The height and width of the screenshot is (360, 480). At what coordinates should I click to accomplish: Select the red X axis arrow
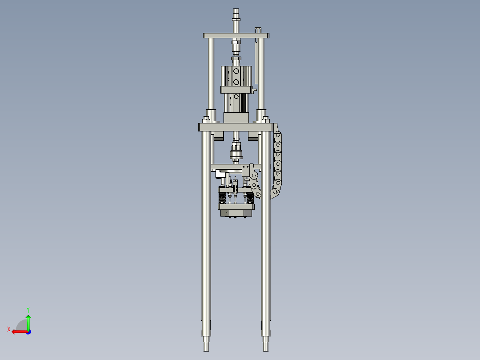pyautogui.click(x=19, y=331)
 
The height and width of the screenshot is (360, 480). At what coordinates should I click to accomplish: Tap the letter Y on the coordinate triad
pyautogui.click(x=28, y=309)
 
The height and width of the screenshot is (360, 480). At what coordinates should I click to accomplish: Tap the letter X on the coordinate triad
pyautogui.click(x=9, y=329)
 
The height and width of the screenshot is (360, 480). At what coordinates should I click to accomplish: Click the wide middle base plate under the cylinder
pyautogui.click(x=235, y=127)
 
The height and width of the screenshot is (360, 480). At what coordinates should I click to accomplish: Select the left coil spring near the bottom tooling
pyautogui.click(x=221, y=197)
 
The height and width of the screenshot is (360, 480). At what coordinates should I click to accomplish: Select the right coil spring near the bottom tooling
pyautogui.click(x=250, y=198)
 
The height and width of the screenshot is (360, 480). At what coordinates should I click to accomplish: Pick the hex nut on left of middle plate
pyautogui.click(x=206, y=120)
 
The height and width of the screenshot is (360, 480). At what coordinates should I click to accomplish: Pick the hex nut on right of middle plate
pyautogui.click(x=266, y=120)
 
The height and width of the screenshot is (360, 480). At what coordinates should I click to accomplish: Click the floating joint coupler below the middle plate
pyautogui.click(x=236, y=154)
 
